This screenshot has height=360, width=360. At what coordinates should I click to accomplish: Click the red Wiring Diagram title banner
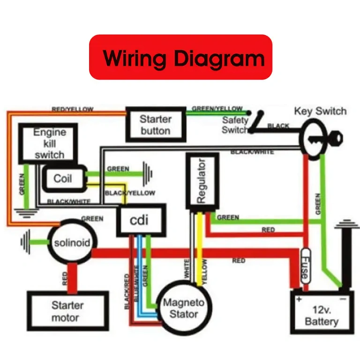(x=180, y=57)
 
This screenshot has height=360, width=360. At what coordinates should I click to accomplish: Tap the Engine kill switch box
(x=49, y=143)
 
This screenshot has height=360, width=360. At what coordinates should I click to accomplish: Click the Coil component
(x=63, y=179)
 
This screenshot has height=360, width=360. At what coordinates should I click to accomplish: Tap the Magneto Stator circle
(x=183, y=308)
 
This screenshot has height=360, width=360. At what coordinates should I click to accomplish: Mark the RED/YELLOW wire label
(x=72, y=109)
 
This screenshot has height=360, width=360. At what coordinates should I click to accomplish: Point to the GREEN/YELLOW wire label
(x=217, y=108)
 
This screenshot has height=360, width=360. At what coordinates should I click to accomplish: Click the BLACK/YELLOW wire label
(x=130, y=193)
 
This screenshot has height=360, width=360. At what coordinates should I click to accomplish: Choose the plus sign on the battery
(x=298, y=298)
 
